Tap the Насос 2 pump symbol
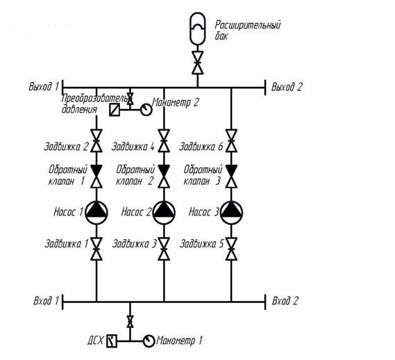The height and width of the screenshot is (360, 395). click(x=164, y=213)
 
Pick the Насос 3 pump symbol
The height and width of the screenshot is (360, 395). click(x=231, y=213)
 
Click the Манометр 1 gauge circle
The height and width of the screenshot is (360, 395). click(x=149, y=341)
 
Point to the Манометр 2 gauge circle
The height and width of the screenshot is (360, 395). click(x=146, y=110)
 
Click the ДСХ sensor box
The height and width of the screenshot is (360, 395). click(x=112, y=341)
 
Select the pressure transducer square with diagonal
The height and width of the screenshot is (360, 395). click(x=115, y=110)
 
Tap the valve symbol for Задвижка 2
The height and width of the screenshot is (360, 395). click(x=96, y=141)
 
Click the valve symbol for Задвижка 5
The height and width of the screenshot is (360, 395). click(x=231, y=249)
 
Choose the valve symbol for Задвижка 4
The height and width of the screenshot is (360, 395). click(x=164, y=141)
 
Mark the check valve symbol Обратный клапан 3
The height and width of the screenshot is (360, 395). click(x=231, y=177)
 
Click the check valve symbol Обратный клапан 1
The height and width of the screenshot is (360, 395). click(x=96, y=177)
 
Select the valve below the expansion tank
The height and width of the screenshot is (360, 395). click(x=198, y=63)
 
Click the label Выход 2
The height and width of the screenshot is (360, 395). click(x=287, y=87)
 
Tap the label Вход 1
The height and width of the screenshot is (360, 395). click(x=46, y=301)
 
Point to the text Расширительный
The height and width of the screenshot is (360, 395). click(x=248, y=25)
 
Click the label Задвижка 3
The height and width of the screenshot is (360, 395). click(x=135, y=244)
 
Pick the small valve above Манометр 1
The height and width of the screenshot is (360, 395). click(x=130, y=321)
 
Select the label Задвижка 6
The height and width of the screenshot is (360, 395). click(x=201, y=147)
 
